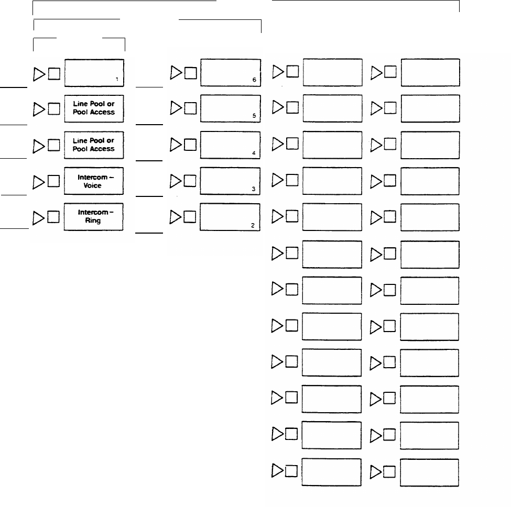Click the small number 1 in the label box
click(117, 80)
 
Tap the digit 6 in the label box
click(254, 80)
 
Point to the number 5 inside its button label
click(254, 117)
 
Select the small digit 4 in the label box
click(254, 153)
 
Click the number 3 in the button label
click(254, 189)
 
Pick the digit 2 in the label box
click(253, 225)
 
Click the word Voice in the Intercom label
click(93, 185)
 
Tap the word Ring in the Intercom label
click(93, 221)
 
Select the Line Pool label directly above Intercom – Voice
click(94, 145)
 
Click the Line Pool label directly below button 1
click(94, 108)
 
